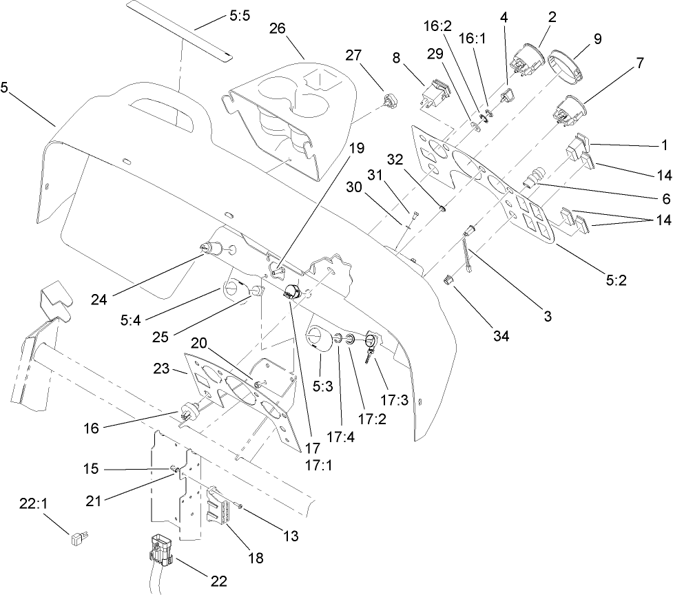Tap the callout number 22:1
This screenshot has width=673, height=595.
point(34,505)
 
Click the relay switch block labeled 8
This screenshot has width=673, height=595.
point(435,95)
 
